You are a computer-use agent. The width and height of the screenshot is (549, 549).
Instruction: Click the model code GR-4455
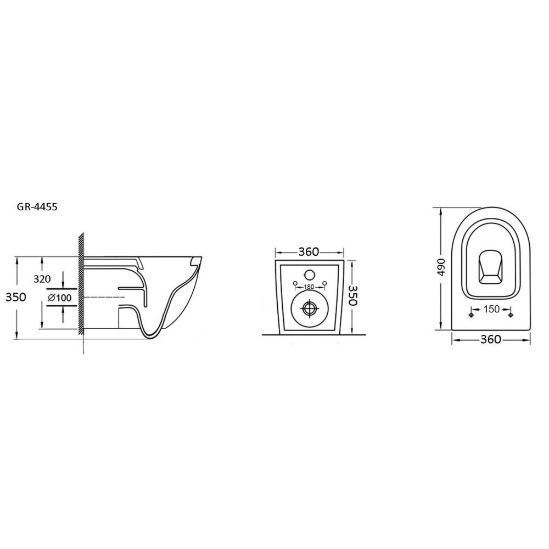point(37,207)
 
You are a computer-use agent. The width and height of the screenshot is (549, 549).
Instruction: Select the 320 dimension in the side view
point(42,279)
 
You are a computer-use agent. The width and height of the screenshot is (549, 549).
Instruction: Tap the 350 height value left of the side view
point(16,297)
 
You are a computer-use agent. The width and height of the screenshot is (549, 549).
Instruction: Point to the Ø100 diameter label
point(59,298)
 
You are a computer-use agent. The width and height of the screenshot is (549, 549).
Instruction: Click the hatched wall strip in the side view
point(81,284)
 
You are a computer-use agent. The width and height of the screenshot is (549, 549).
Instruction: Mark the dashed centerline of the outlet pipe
point(104,297)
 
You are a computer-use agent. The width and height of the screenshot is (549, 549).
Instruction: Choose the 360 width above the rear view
point(309,252)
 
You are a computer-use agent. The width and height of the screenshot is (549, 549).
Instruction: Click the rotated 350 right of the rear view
point(352,295)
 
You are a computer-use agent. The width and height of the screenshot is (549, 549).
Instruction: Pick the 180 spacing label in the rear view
point(309,287)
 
